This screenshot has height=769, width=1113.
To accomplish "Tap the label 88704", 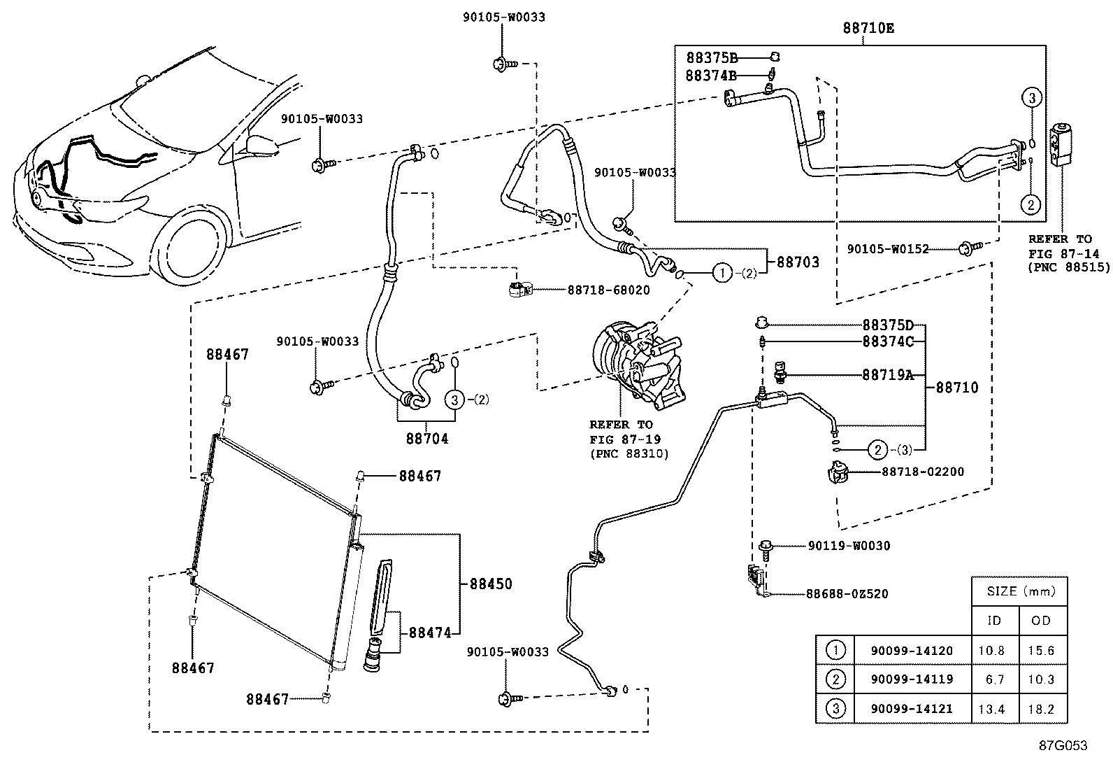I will tap(426, 439).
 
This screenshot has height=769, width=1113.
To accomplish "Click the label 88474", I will tap(430, 633).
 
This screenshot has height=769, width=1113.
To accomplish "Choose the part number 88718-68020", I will tap(608, 290).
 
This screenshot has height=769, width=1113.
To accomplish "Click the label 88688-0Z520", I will tap(847, 594).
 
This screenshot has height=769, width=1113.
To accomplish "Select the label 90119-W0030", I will tap(849, 546).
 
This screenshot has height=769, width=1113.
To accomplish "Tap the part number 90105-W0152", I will tap(887, 248).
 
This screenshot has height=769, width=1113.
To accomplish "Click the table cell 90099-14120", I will tap(911, 651).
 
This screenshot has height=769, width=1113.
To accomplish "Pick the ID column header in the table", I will tap(993, 621).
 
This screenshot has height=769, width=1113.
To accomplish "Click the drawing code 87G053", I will tap(1062, 745).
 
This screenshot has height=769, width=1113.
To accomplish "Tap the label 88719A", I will tap(887, 375).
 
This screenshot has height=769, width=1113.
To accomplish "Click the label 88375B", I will tap(711, 58).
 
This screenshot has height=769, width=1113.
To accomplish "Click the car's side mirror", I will tap(261, 145).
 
